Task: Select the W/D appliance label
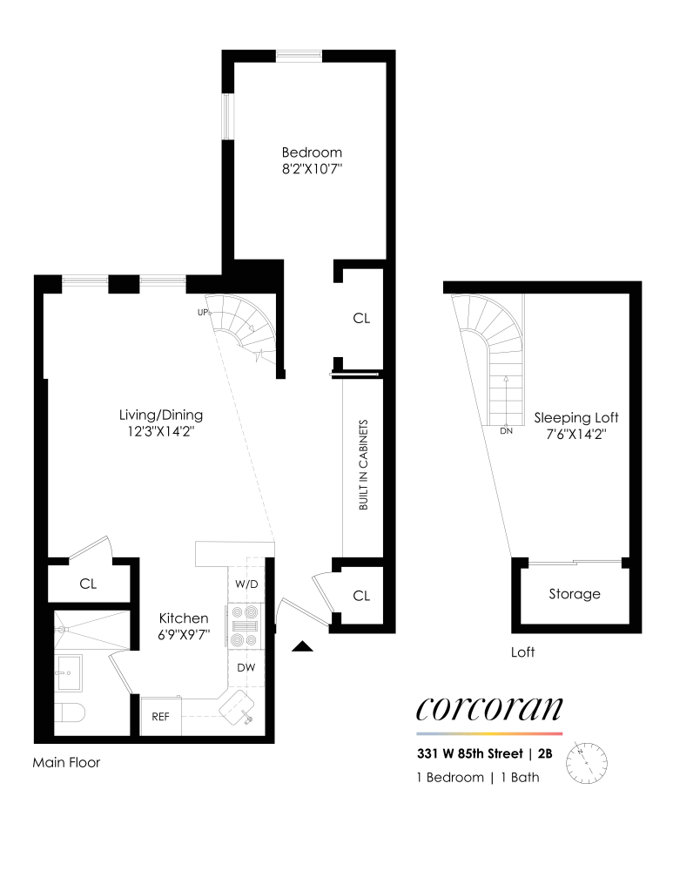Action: [248, 584]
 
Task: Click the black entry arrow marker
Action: [302, 645]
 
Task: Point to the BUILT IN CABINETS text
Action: [364, 465]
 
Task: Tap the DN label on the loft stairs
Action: [505, 430]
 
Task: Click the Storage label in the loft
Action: [575, 594]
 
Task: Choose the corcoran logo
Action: [489, 709]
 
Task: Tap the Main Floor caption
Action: [66, 763]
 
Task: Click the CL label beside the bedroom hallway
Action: [361, 319]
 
